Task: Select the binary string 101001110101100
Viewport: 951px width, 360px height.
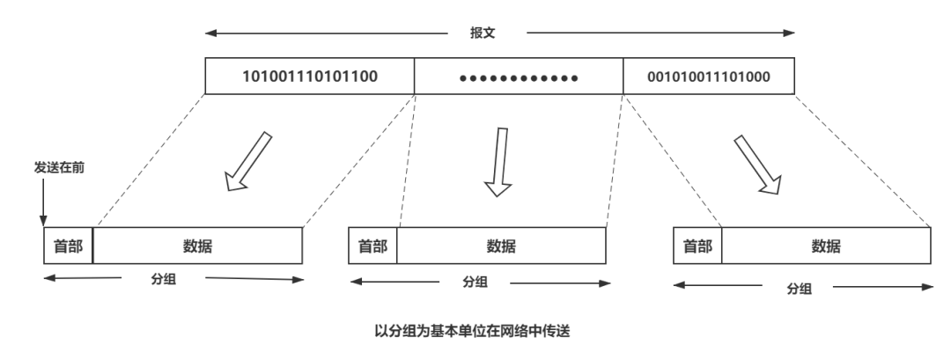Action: coord(311,76)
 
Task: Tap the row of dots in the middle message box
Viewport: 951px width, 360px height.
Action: coord(519,77)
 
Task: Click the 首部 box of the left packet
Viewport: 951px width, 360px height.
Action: coord(68,246)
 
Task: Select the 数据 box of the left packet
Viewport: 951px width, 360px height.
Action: coord(197,246)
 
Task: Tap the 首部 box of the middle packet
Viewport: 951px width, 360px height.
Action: coord(373,246)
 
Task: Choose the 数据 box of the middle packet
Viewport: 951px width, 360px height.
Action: coord(502,246)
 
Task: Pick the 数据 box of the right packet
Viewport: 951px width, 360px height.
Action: coord(827,246)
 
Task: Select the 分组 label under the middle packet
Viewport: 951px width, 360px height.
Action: coord(475,283)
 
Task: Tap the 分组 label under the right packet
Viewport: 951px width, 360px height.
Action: coord(800,287)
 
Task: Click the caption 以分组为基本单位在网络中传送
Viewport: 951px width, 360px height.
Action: coord(475,331)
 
